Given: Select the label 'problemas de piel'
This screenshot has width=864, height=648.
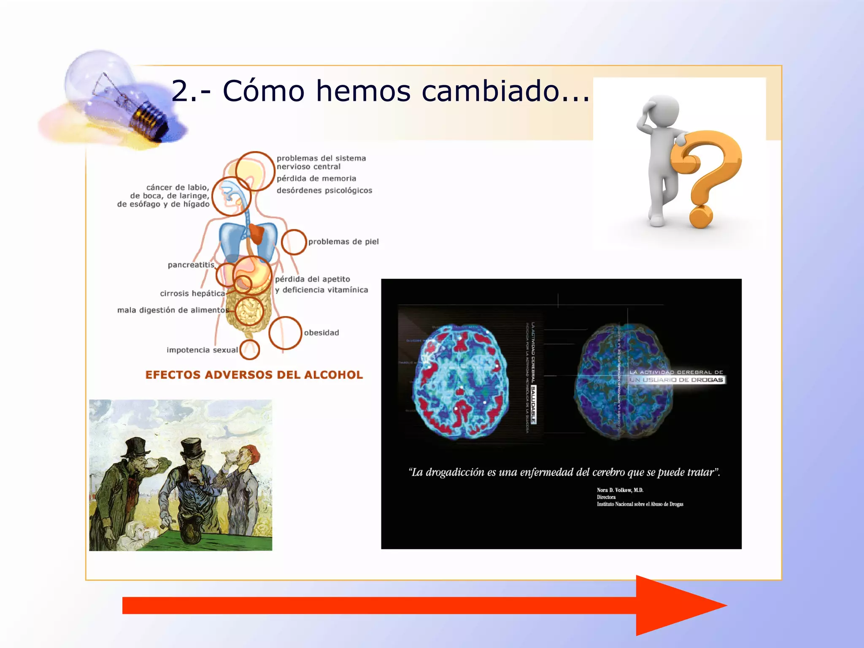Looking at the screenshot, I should (343, 242).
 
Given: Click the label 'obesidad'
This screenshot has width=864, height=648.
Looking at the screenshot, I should (321, 333).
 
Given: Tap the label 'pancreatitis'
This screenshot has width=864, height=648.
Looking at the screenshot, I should (191, 265).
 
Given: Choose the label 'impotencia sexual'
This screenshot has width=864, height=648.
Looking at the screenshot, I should (202, 350).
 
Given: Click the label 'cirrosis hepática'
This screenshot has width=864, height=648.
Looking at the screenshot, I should (192, 294).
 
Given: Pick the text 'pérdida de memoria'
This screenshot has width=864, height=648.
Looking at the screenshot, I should (316, 178).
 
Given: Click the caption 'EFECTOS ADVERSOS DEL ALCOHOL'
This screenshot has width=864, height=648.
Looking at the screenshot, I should (254, 375).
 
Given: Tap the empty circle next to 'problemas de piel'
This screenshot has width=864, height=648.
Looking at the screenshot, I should (294, 242).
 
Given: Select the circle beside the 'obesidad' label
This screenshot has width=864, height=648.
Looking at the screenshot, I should (285, 333).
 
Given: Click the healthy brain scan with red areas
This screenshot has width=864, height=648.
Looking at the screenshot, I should (460, 382).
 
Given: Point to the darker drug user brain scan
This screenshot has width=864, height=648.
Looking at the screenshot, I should (622, 382).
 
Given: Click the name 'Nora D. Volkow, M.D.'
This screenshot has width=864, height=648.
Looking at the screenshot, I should (620, 490).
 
